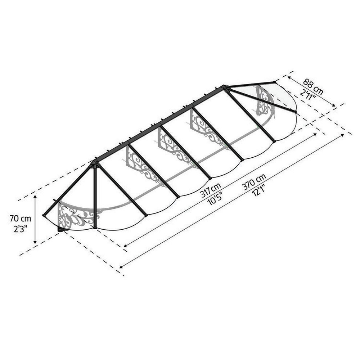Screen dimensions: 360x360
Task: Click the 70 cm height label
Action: (x=20, y=219)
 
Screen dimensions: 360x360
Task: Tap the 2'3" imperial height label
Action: (x=21, y=229)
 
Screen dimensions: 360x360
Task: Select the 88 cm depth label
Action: (x=313, y=87)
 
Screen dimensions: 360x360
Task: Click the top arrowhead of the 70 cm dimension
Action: (x=35, y=197)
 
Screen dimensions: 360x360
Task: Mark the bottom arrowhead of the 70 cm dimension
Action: (x=35, y=242)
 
